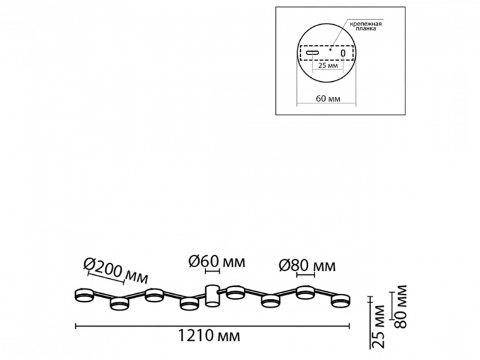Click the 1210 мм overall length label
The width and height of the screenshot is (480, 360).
pyautogui.click(x=209, y=336)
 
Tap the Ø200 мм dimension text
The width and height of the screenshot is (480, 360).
pyautogui.click(x=116, y=270)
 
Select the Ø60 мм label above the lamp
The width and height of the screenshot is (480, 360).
pyautogui.click(x=217, y=262)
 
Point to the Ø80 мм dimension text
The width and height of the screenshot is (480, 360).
pyautogui.click(x=307, y=266)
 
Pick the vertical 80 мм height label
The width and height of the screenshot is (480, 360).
pyautogui.click(x=400, y=307)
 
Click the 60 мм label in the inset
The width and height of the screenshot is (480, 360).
pyautogui.click(x=328, y=99)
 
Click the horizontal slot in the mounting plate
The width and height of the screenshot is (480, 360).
pyautogui.click(x=312, y=52)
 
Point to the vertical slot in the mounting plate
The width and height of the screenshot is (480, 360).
pyautogui.click(x=343, y=53)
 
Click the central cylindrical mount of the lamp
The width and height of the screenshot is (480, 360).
pyautogui.click(x=211, y=295)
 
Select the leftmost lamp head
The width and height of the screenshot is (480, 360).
pyautogui.click(x=84, y=294)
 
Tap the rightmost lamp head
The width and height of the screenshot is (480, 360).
pyautogui.click(x=340, y=300)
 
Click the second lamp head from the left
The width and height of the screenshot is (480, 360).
pyautogui.click(x=120, y=303)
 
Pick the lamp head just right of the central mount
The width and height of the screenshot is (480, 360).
pyautogui.click(x=236, y=292)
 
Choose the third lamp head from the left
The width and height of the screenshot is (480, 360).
pyautogui.click(x=154, y=295)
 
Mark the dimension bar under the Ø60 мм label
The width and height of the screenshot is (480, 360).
pyautogui.click(x=213, y=272)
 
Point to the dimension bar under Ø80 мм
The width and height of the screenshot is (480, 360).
pyautogui.click(x=306, y=275)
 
